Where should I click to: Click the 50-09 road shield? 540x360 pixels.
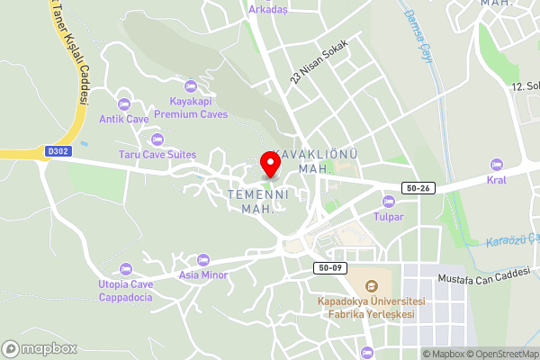328,267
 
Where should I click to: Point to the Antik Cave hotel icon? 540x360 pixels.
124,103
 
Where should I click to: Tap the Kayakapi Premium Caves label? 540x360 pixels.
190,108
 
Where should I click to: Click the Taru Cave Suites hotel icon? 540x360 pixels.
157,139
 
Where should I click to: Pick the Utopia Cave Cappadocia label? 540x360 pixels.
126,290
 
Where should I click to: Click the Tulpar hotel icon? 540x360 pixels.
389,201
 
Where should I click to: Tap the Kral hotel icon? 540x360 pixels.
497,164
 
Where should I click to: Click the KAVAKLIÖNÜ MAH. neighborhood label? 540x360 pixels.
314,162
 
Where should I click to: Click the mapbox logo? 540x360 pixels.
39,348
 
